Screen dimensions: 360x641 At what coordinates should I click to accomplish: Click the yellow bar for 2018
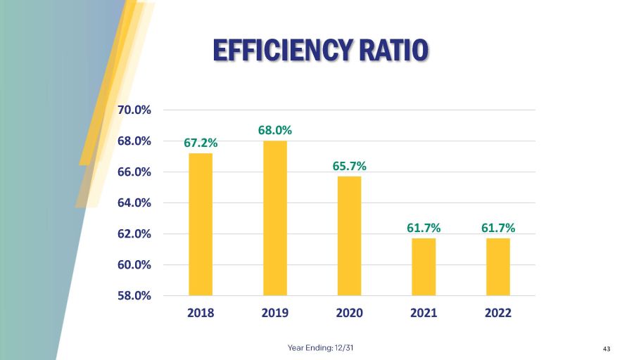point(201,224)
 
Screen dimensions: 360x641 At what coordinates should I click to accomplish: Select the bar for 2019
point(275,218)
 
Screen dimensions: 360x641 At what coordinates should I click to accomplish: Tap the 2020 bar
point(350,236)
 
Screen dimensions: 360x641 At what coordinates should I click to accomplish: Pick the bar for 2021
point(424,266)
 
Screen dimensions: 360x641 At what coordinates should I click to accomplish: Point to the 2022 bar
point(498,266)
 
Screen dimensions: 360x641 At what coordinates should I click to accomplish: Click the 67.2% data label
point(201,143)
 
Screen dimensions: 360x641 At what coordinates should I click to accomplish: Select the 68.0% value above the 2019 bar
point(275,130)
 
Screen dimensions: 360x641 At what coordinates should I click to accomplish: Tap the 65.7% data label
point(350,166)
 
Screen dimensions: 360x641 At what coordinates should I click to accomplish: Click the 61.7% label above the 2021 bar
point(424,228)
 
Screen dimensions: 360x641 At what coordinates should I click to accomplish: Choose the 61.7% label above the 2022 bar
point(498,228)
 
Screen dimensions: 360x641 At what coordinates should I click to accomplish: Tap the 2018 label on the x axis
point(201,314)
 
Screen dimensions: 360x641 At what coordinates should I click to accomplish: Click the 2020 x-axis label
point(350,314)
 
